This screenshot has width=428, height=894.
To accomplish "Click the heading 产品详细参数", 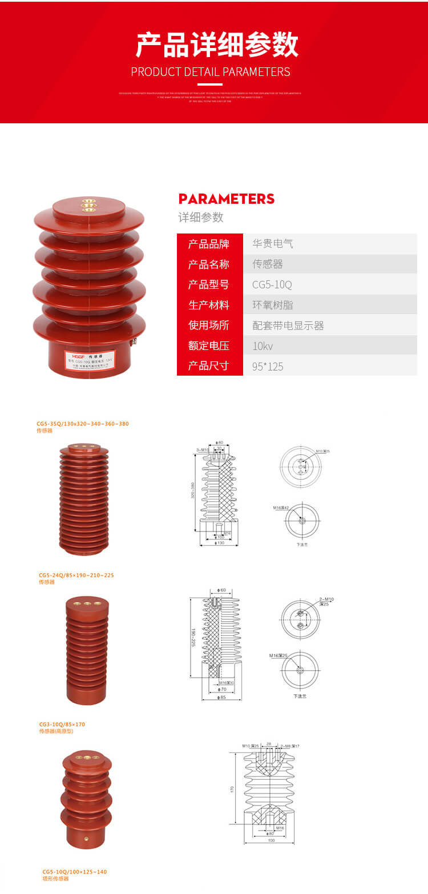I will pos(217,45).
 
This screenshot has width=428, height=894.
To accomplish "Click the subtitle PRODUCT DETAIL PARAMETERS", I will pos(211,72).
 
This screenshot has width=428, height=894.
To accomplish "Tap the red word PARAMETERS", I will pos(227,199).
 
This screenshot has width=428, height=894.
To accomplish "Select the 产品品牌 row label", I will pos(209,244).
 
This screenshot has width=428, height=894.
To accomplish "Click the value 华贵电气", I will pos(273,244).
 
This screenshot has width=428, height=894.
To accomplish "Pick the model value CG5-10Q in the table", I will pos(272,284).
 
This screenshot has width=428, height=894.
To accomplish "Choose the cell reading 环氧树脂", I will pos(273,305).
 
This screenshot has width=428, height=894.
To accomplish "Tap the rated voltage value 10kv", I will pos(263,346).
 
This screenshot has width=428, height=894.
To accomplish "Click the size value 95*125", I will pos(268,367).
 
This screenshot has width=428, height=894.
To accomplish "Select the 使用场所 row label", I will pos(209,325).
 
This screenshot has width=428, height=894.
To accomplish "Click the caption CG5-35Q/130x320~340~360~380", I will pos(83,424).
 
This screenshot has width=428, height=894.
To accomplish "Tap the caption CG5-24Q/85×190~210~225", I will pos(76,575).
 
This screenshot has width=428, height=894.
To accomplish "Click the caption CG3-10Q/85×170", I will pos(62,724).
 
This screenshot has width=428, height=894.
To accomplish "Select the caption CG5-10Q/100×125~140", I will pos(75,872).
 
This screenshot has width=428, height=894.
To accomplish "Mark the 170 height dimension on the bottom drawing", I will pos(232,789).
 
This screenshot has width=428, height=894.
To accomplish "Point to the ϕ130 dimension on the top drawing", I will pos(219,543).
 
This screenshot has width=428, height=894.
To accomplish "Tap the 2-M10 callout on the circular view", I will pos(326,599).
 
